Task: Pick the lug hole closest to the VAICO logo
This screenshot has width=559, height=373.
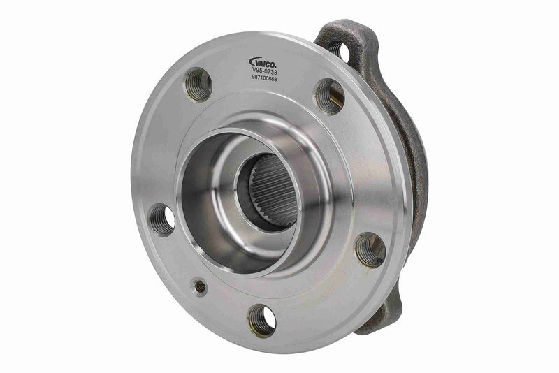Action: click(198, 85)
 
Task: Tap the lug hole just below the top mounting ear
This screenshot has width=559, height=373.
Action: click(328, 96)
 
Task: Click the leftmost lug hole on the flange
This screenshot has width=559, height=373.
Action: click(161, 219)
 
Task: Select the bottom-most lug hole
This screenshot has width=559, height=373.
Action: click(261, 319)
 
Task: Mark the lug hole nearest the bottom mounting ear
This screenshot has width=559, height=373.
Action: click(370, 249)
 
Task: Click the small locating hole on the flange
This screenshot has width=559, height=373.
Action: click(201, 286)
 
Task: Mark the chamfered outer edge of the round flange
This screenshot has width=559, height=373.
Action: click(140, 175)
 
